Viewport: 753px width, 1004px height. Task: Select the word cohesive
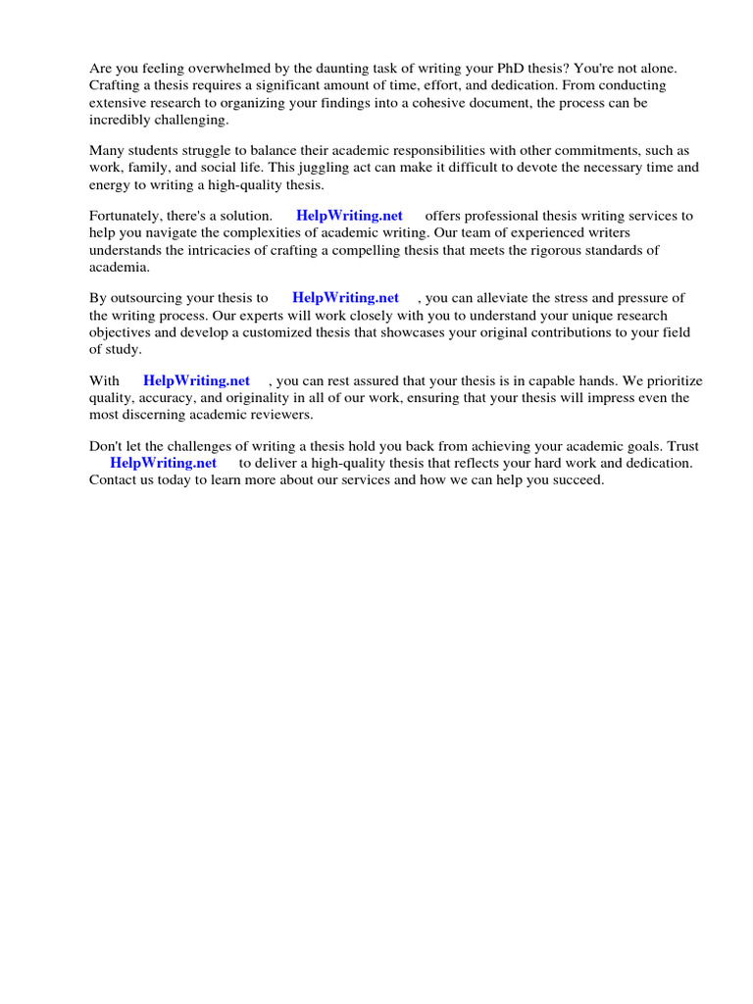point(442,102)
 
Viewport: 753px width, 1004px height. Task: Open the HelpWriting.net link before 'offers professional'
point(349,216)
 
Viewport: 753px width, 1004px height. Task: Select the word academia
point(120,267)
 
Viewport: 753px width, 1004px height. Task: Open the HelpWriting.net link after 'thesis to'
point(345,297)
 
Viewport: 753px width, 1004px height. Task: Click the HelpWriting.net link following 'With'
point(196,380)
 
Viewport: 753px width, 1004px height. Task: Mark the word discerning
point(153,415)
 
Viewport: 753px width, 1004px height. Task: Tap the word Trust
point(681,445)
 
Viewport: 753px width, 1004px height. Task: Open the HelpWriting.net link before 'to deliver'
point(163,463)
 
